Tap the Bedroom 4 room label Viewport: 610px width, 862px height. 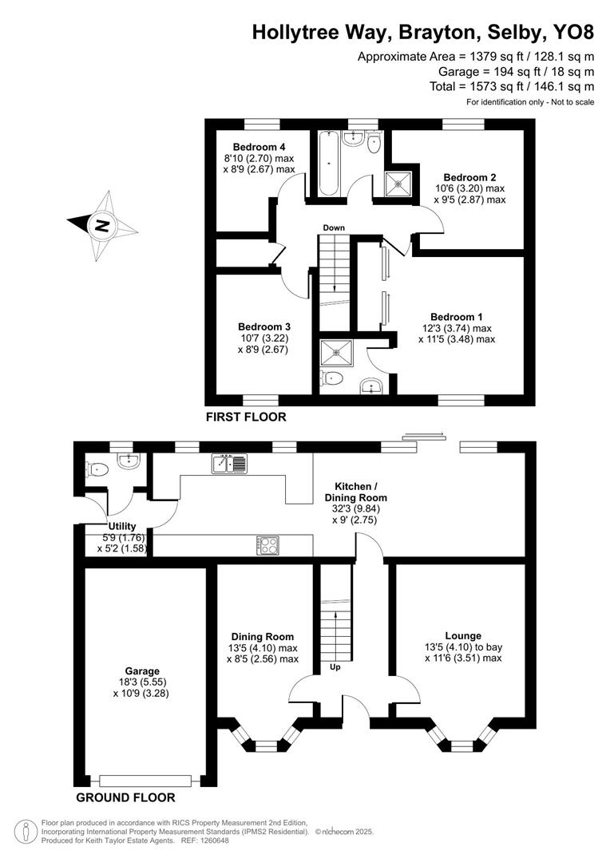259,147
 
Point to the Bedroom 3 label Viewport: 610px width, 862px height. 263,326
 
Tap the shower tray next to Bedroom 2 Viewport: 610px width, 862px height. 397,183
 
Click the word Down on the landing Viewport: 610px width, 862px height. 334,228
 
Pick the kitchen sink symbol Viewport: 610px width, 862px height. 230,463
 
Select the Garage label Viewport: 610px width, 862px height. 141,671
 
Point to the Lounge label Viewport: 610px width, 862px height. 463,636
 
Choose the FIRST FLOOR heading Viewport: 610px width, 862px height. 245,417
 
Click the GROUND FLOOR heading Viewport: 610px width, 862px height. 125,797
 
